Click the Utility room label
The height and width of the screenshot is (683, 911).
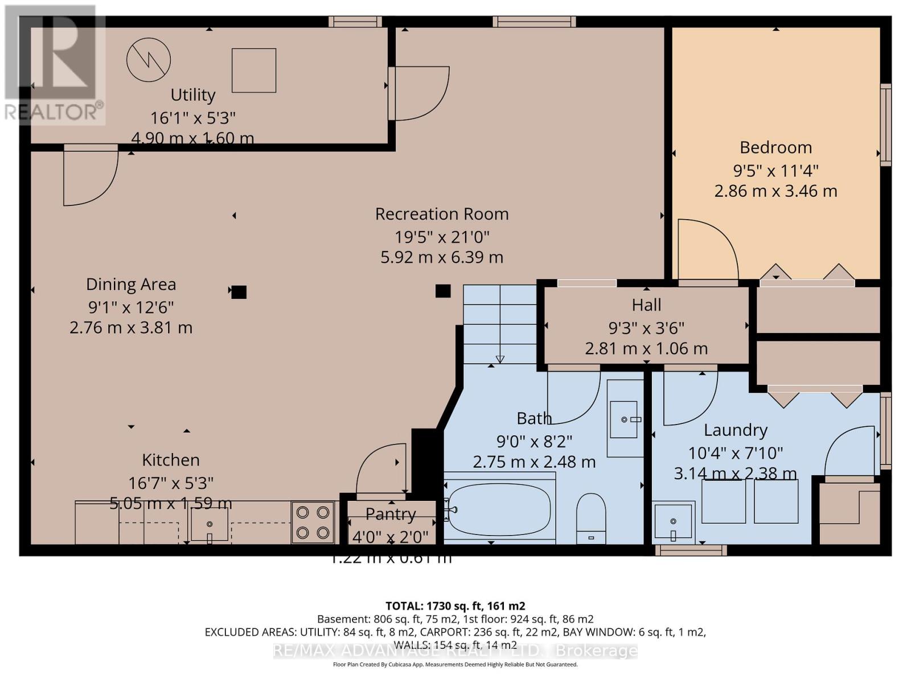tap(193, 94)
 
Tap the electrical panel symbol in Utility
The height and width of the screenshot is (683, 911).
tap(149, 60)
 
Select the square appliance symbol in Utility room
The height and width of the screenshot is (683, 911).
tap(254, 70)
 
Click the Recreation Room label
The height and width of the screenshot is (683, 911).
tap(442, 214)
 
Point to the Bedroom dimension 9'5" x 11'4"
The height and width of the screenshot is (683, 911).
tap(775, 170)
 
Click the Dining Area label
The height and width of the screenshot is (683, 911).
tap(131, 284)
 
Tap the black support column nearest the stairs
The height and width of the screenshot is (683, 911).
tap(443, 291)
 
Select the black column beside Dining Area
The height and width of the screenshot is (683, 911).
tap(239, 292)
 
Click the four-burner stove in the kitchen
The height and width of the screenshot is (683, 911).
tap(313, 522)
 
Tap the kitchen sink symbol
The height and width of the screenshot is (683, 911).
tap(209, 524)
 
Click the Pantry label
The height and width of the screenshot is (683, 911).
tap(391, 514)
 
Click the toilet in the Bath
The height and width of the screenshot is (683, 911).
tap(591, 517)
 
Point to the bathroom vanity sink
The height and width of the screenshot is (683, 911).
tap(624, 419)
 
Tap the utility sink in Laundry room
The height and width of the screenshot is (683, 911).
tap(674, 521)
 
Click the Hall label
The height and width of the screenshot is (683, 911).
tap(646, 305)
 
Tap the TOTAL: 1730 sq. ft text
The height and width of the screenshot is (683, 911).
tap(455, 606)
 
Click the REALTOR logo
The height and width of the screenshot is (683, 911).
tap(54, 65)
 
